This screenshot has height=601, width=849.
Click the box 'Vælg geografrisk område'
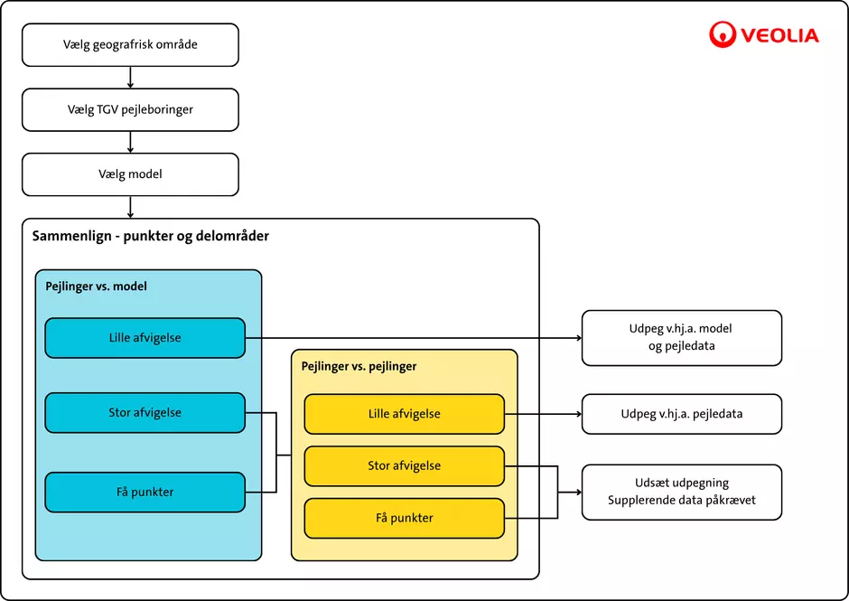point(130,45)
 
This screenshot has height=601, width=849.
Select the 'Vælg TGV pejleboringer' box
point(130,109)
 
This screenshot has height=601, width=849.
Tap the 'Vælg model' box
point(130,174)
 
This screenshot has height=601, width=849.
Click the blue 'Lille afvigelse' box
point(145,338)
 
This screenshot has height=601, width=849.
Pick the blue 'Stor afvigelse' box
point(145,413)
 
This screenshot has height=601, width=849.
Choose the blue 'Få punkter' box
point(145,493)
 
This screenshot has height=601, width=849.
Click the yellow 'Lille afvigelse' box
point(404,414)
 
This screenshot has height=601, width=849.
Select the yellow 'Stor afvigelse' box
point(404,466)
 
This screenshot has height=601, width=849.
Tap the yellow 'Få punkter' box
point(404,518)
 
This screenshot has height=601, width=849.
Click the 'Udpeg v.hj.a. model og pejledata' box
point(681,338)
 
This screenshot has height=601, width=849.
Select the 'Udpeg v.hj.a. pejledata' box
point(681,414)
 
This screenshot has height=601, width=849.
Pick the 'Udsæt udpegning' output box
point(681,492)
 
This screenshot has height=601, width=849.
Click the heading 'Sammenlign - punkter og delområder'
point(151,236)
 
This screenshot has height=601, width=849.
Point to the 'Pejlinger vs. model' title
point(97,286)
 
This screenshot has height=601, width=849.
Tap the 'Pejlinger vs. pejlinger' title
point(359,367)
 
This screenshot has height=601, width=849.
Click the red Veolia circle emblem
point(723,35)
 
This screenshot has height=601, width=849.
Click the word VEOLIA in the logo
point(779,36)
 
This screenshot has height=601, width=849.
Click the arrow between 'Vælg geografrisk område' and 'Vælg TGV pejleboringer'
point(131,78)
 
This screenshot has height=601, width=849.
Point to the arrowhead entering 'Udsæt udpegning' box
point(577,493)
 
